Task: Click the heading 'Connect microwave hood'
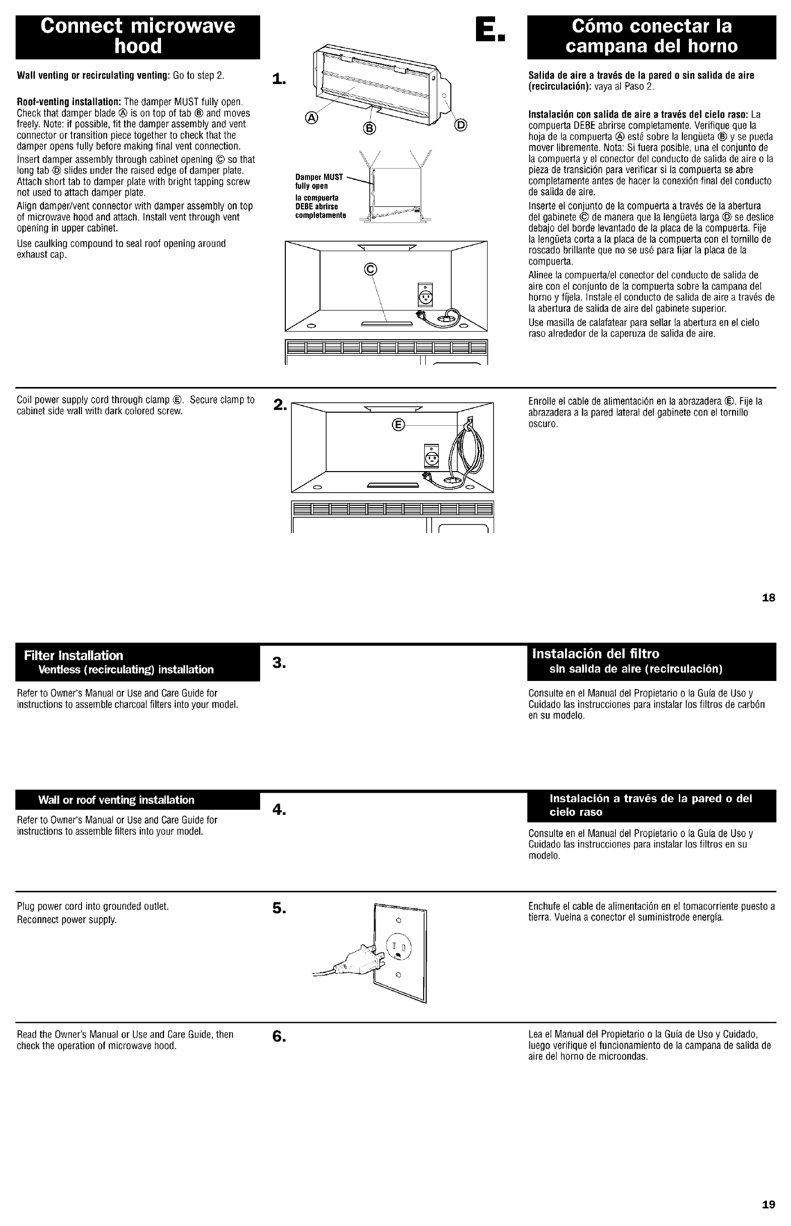click(138, 36)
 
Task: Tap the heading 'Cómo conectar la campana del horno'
click(651, 36)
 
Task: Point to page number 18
click(768, 597)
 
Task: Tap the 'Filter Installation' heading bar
click(138, 662)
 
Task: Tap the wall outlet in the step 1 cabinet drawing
click(426, 295)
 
